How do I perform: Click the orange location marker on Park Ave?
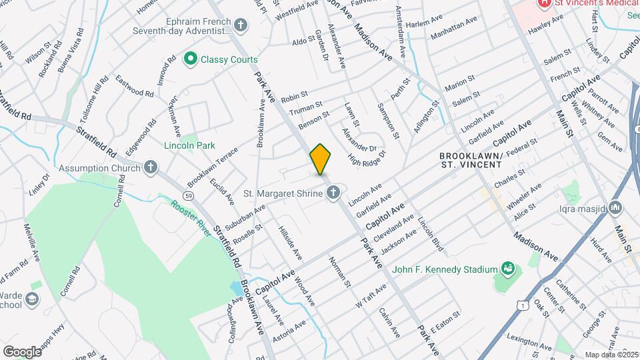pyautogui.click(x=320, y=159)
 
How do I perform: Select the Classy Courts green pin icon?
pyautogui.click(x=190, y=60)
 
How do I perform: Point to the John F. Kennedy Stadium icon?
pyautogui.click(x=509, y=269)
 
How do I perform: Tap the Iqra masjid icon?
pyautogui.click(x=615, y=209)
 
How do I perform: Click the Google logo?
pyautogui.click(x=22, y=351)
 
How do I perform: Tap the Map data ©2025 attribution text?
pyautogui.click(x=611, y=355)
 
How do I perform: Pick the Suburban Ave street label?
pyautogui.click(x=245, y=217)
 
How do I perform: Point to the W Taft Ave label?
pyautogui.click(x=371, y=294)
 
